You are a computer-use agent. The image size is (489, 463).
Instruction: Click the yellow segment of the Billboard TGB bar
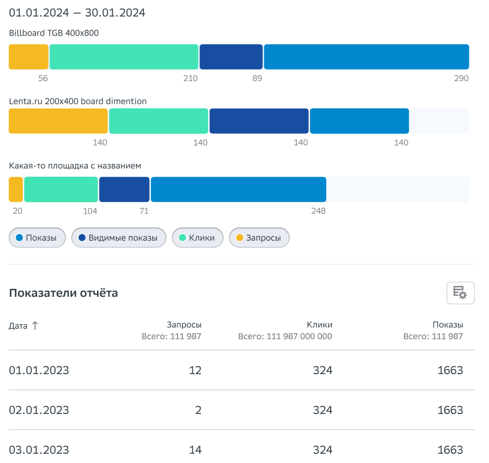28,57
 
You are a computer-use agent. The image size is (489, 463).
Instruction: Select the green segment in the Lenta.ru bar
158,121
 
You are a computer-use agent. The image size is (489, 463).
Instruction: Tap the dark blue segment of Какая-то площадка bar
124,189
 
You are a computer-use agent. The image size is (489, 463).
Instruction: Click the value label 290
461,78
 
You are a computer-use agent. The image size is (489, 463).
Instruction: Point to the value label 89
257,78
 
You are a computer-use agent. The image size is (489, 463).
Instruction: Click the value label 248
318,211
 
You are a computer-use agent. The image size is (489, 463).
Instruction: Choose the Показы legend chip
37,238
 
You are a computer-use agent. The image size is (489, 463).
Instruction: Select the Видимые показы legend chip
119,238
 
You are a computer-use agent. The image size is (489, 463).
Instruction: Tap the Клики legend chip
197,238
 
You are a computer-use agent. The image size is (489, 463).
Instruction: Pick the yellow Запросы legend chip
259,238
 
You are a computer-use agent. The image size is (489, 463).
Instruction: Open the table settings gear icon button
460,293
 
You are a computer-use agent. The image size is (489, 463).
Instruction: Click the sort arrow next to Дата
35,326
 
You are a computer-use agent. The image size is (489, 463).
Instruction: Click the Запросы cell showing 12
195,370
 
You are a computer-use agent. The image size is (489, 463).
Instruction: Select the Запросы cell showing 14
195,450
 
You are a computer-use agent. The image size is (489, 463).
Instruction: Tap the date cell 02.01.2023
39,410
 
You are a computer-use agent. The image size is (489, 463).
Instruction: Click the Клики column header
320,325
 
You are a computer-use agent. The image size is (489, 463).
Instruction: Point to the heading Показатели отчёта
63,293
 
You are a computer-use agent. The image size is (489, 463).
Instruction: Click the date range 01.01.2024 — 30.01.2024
77,13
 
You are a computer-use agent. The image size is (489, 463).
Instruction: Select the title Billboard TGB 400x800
54,33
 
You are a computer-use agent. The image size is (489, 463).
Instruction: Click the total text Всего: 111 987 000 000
285,337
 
